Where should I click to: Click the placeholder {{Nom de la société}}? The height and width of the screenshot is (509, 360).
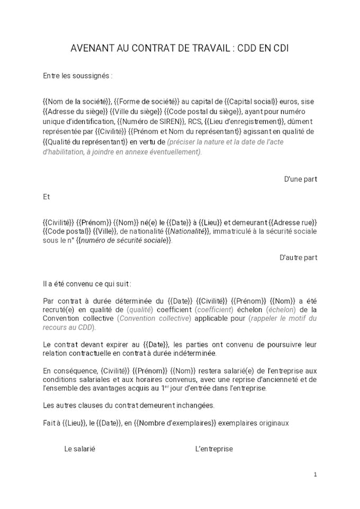click(x=77, y=101)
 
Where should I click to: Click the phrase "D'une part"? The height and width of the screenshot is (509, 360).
click(x=300, y=179)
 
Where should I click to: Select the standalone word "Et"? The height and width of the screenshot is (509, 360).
click(x=47, y=197)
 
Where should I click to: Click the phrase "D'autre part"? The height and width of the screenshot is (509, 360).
click(x=298, y=257)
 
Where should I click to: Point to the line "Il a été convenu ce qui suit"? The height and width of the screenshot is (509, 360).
click(x=87, y=284)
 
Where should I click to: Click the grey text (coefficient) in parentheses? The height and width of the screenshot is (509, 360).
click(x=214, y=309)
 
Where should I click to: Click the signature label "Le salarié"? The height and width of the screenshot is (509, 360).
click(x=80, y=449)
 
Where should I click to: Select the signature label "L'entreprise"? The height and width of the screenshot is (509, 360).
click(x=214, y=449)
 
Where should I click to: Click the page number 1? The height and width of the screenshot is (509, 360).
click(x=315, y=475)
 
